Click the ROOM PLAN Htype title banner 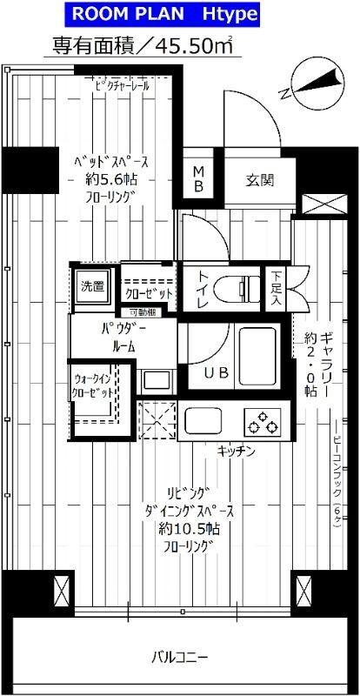pyautogui.click(x=180, y=14)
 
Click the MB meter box pyautogui.click(x=198, y=178)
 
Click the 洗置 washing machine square pyautogui.click(x=92, y=284)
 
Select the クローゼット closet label pyautogui.click(x=150, y=294)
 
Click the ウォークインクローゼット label pyautogui.click(x=92, y=386)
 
